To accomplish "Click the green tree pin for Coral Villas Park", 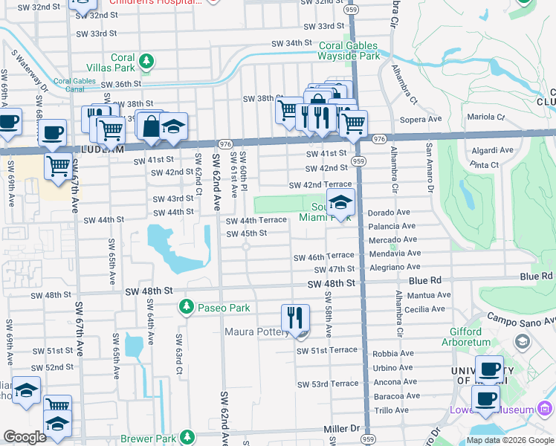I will [x=147, y=61].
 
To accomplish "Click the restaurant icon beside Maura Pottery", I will [x=295, y=318].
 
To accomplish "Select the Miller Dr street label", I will [x=341, y=429].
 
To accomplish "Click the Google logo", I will [x=25, y=437].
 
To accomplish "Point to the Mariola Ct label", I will [x=485, y=117].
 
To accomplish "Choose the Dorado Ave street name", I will [x=389, y=212].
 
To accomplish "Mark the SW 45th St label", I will [x=246, y=233].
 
